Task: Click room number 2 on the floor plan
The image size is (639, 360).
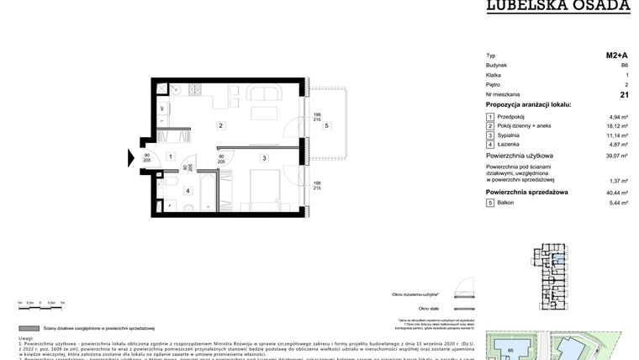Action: point(220,127)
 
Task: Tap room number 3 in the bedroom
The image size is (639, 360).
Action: point(263,157)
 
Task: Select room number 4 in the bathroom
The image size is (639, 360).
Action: point(187,191)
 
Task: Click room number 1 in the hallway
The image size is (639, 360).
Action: point(170,156)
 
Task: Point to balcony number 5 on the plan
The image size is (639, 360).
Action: point(326,126)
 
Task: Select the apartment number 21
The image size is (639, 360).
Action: point(623,96)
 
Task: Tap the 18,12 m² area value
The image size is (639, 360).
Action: point(618,125)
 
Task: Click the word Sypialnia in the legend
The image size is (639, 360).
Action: point(510,135)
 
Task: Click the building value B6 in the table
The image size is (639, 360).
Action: point(624,65)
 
